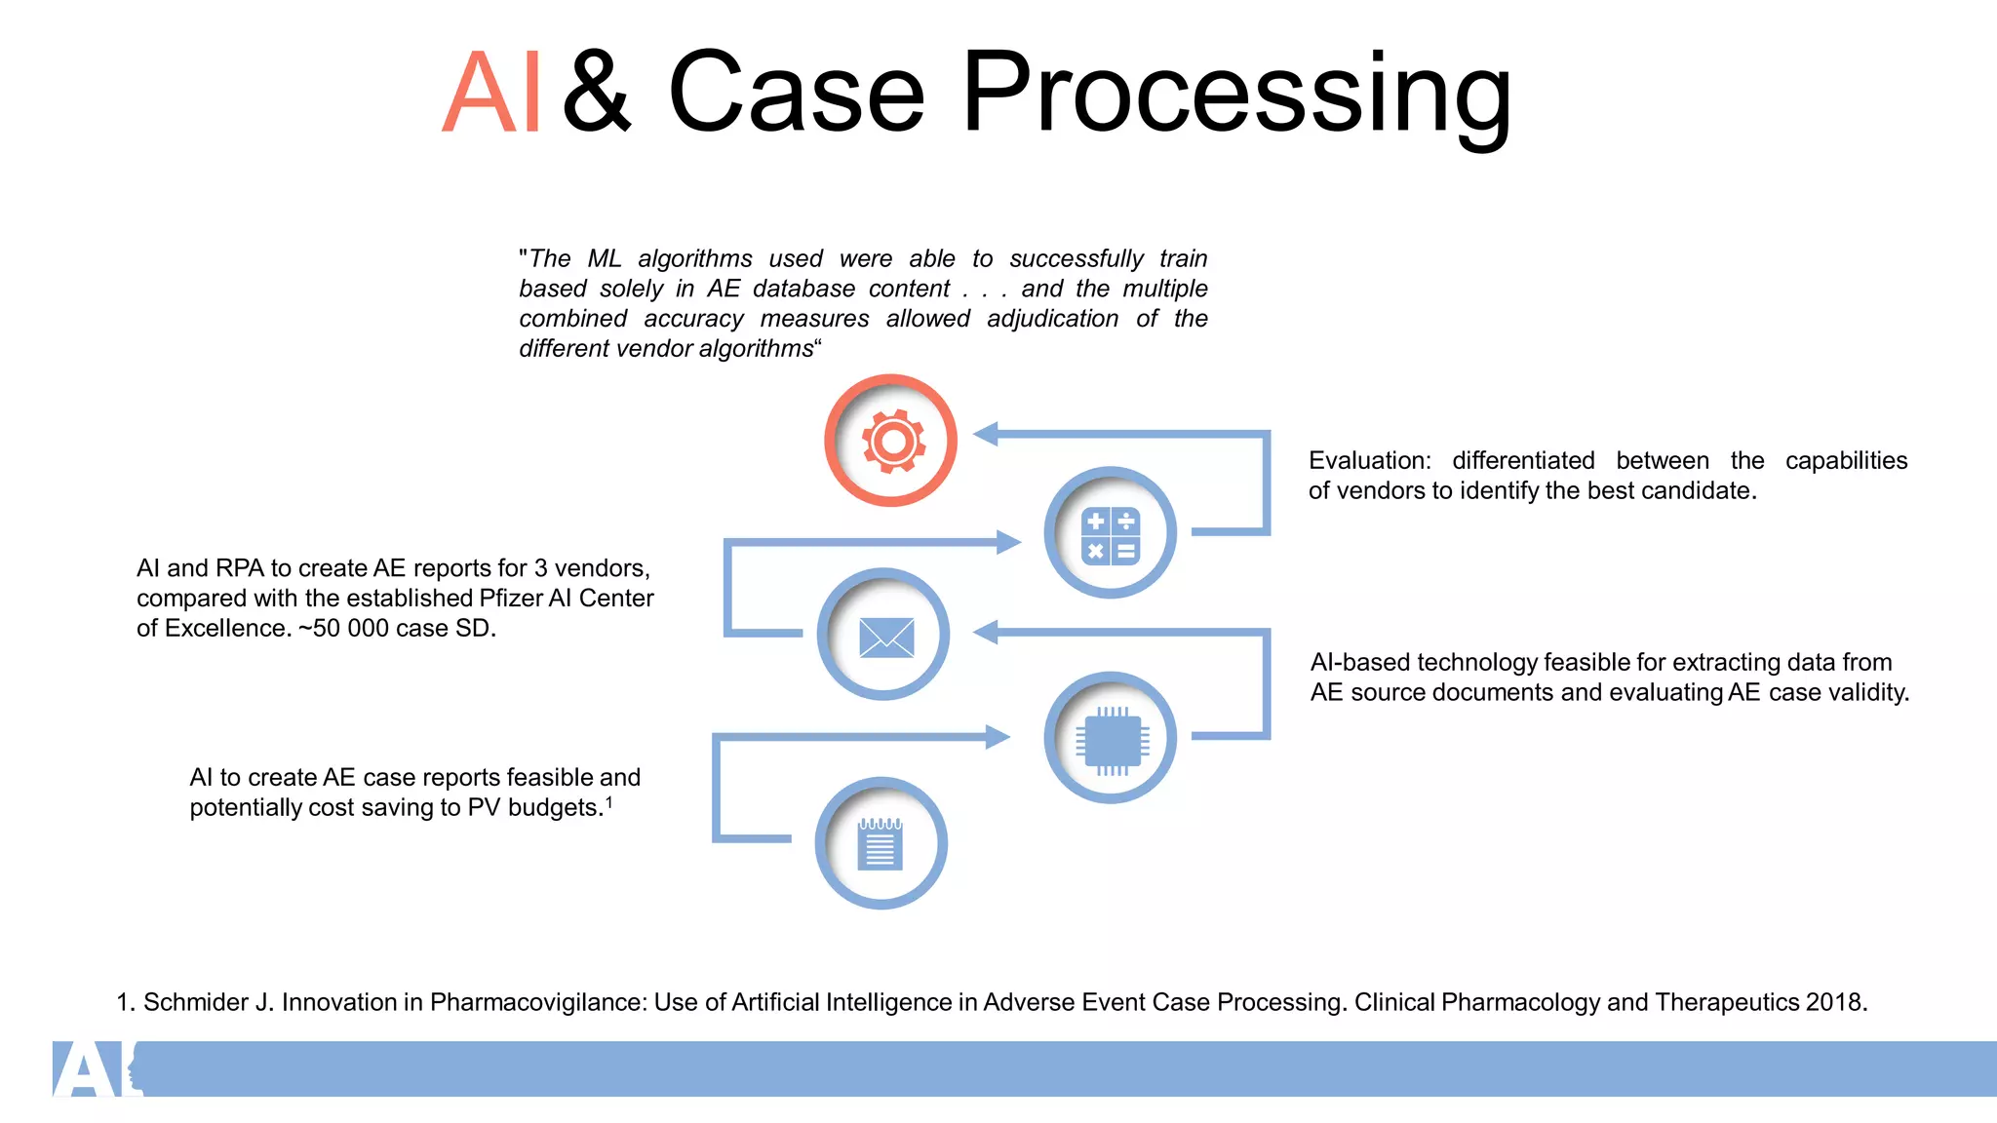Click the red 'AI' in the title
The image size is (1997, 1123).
490,94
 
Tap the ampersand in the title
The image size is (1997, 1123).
598,94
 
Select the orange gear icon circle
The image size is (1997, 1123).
890,441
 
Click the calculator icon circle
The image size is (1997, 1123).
1110,533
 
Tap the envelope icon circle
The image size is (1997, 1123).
883,635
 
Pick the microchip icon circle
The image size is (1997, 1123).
1110,738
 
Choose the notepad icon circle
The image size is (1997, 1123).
881,843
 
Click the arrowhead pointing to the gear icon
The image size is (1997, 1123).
986,434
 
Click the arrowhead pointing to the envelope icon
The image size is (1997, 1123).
986,633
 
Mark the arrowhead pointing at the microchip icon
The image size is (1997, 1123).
998,737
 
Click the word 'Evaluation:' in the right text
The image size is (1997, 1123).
1369,460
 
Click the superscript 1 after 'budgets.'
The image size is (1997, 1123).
609,801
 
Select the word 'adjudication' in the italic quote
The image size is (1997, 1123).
1052,319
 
